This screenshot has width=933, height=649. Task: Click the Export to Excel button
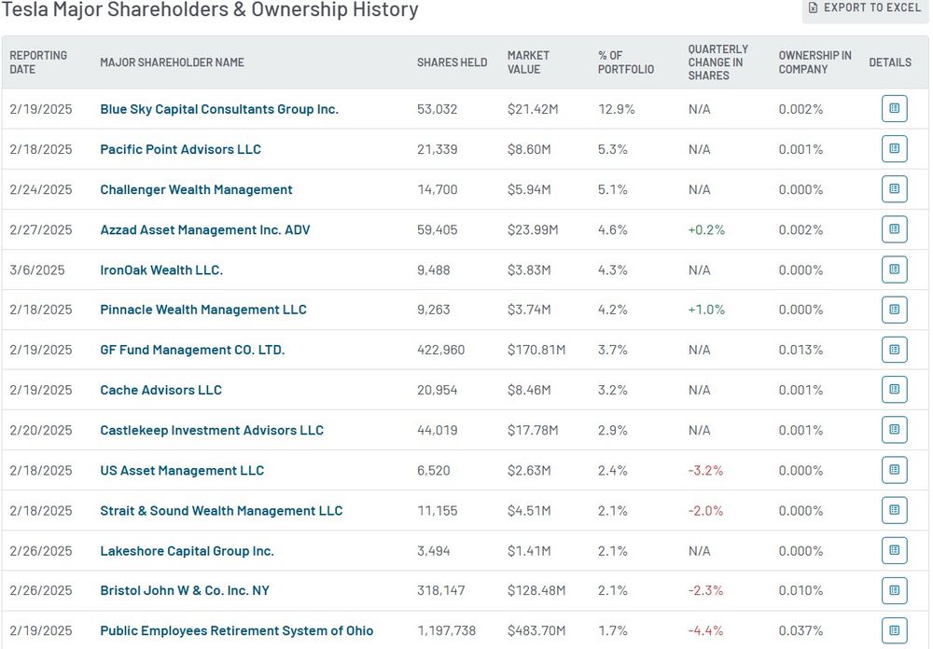(865, 7)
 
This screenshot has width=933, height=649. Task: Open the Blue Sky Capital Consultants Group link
(219, 109)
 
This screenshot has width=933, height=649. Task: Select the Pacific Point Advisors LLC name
(180, 149)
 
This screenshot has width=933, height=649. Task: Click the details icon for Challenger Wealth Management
(894, 189)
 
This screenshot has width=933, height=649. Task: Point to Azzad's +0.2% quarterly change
(706, 229)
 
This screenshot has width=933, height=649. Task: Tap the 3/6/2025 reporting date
(37, 270)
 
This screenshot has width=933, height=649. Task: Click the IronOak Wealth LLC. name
(161, 270)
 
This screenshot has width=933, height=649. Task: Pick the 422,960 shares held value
(440, 351)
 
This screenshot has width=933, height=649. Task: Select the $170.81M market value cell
(536, 351)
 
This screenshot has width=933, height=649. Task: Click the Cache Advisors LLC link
(160, 391)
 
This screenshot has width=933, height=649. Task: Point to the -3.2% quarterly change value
(706, 471)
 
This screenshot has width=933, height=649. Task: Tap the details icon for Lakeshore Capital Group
(894, 551)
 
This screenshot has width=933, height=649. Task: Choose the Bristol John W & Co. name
(185, 591)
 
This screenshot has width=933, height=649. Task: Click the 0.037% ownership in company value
(801, 631)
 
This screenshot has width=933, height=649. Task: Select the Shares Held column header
(452, 62)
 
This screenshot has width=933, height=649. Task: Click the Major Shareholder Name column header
(172, 62)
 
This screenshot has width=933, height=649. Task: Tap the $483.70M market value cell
(536, 631)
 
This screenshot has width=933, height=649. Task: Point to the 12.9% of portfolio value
(616, 109)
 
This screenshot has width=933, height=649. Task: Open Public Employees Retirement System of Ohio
(237, 631)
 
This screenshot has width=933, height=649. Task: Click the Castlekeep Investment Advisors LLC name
(212, 431)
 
